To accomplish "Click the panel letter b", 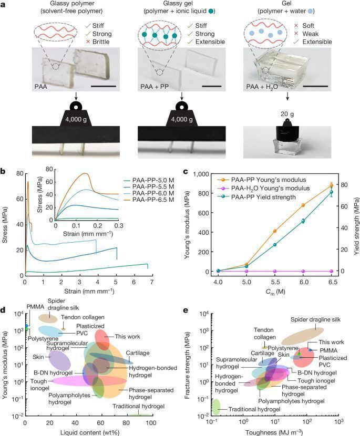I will click(x=4, y=171).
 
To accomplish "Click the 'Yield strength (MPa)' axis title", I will click(x=355, y=225).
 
